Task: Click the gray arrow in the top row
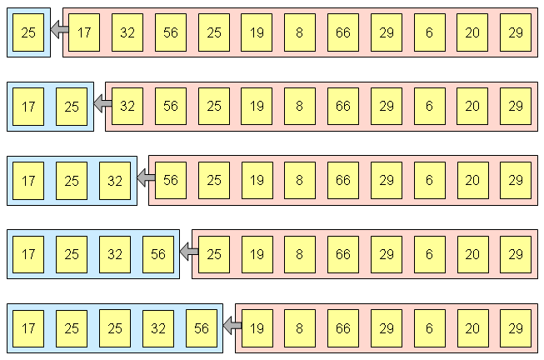pyautogui.click(x=58, y=32)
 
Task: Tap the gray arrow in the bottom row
pyautogui.click(x=232, y=327)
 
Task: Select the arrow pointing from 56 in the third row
pyautogui.click(x=145, y=179)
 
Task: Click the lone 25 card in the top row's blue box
pyautogui.click(x=28, y=32)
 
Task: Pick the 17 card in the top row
pyautogui.click(x=84, y=32)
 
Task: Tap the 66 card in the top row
pyautogui.click(x=342, y=32)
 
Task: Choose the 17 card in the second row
pyautogui.click(x=28, y=107)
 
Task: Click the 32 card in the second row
pyautogui.click(x=127, y=107)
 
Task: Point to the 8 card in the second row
pyautogui.click(x=299, y=107)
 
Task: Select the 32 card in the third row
pyautogui.click(x=115, y=180)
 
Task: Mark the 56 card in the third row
pyautogui.click(x=170, y=180)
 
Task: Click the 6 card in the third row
pyautogui.click(x=429, y=180)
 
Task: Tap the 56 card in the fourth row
pyautogui.click(x=158, y=254)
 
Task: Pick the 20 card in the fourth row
pyautogui.click(x=472, y=254)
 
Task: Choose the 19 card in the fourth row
pyautogui.click(x=257, y=254)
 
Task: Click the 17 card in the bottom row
pyautogui.click(x=28, y=328)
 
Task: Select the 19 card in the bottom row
pyautogui.click(x=257, y=328)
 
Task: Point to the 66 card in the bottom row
pyautogui.click(x=342, y=328)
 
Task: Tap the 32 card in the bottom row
pyautogui.click(x=158, y=328)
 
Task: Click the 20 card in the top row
pyautogui.click(x=472, y=32)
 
